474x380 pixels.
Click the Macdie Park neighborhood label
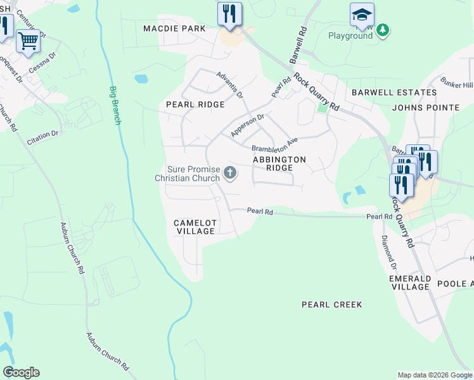[x=174, y=28]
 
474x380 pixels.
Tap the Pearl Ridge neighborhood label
[x=195, y=104]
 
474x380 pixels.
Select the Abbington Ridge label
[x=279, y=163]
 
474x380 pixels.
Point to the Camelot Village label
[x=195, y=227]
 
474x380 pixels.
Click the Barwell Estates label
[x=385, y=92]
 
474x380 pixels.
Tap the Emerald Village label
[x=411, y=282]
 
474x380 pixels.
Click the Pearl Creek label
[x=331, y=305]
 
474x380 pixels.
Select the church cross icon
[x=231, y=172]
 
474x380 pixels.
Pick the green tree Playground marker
[x=382, y=30]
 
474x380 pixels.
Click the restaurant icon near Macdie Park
[x=229, y=13]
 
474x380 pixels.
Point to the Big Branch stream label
[x=115, y=105]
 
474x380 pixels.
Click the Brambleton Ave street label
[x=274, y=144]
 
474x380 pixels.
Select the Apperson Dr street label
[x=247, y=125]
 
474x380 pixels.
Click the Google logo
[x=21, y=372]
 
